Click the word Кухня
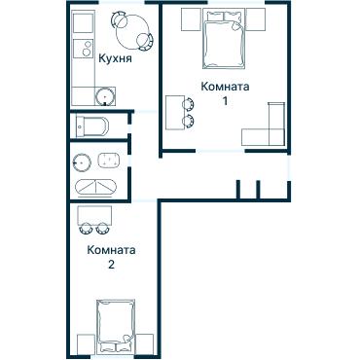pos(116,58)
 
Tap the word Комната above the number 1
pos(225,87)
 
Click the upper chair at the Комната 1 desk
pos(187,102)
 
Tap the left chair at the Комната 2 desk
pos(86,230)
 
